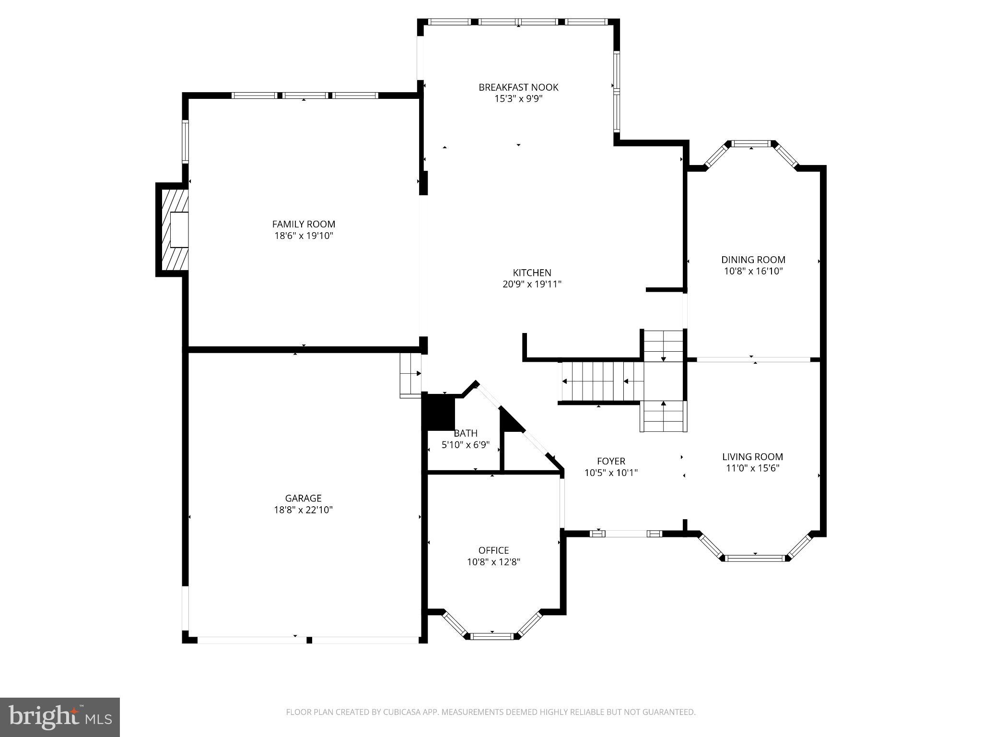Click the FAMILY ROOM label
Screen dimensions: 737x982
coord(304,224)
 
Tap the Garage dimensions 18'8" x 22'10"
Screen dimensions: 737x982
coord(303,510)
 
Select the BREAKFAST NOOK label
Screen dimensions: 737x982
coord(518,87)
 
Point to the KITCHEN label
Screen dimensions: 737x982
coord(532,273)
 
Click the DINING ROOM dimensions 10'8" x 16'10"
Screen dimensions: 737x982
coord(753,271)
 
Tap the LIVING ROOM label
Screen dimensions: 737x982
coord(752,457)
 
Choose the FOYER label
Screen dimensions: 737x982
coord(611,461)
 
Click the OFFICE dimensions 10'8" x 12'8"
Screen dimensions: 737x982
coord(493,562)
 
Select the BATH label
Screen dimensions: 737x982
coord(465,433)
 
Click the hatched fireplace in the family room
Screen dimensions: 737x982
coord(174,230)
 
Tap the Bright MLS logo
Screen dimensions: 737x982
coord(60,717)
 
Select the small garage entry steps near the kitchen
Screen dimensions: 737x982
coord(410,375)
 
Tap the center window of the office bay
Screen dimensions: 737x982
coord(492,636)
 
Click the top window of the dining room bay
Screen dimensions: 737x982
coord(751,143)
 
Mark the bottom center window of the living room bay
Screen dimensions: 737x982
coord(755,558)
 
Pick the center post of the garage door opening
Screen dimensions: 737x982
coord(309,640)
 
